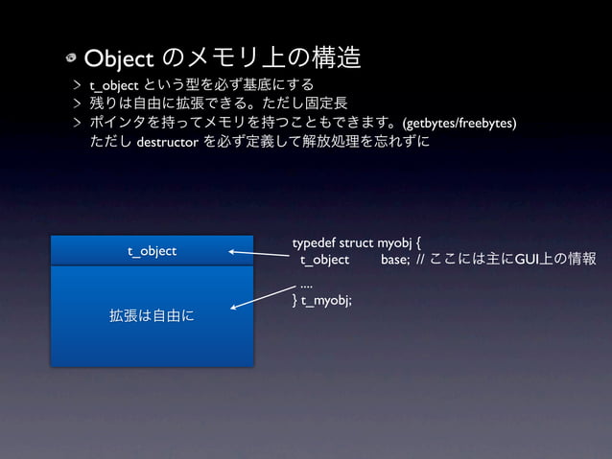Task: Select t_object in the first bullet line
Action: coord(114,85)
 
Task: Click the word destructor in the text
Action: coord(167,143)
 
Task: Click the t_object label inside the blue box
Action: coord(153,251)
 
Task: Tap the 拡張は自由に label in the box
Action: coord(153,314)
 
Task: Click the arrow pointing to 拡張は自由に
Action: coord(262,296)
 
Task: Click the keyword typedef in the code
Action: coord(315,243)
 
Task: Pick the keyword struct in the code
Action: coord(358,243)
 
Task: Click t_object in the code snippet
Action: coord(324,260)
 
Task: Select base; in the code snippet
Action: coord(395,260)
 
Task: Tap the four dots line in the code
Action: coord(306,285)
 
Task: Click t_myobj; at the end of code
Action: coord(326,300)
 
